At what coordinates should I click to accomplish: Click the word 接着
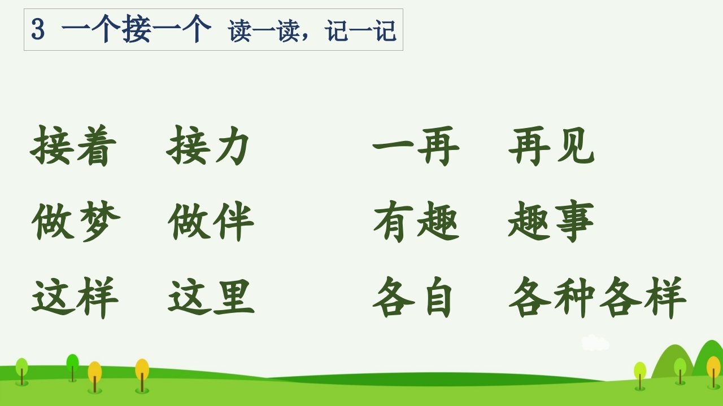(73, 145)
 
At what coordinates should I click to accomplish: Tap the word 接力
(207, 145)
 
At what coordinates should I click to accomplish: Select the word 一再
(416, 147)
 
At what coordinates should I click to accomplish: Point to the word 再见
(551, 147)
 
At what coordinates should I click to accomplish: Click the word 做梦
(76, 221)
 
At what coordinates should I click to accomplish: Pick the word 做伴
(211, 221)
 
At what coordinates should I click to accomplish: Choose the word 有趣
(416, 221)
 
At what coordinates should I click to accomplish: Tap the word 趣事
(551, 221)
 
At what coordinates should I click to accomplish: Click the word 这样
(75, 297)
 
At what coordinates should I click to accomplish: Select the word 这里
(211, 297)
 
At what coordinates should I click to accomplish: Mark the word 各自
(412, 297)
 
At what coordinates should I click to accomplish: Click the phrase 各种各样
(598, 297)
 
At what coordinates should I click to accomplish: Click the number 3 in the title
(38, 29)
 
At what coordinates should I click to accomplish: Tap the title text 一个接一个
(136, 29)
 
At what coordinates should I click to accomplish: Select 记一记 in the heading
(360, 31)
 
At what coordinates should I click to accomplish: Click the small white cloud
(595, 343)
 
